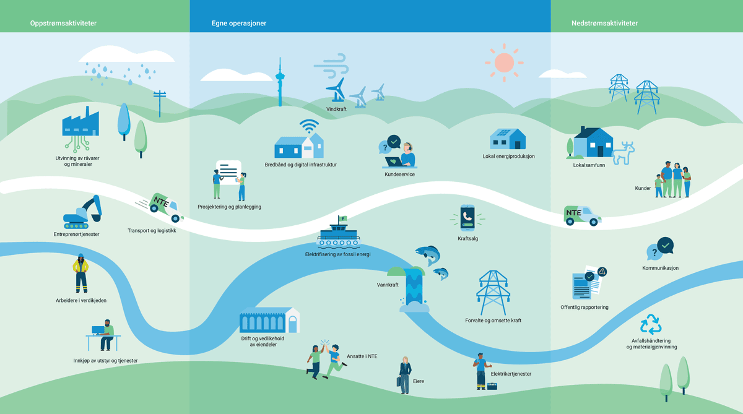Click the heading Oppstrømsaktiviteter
coord(63,24)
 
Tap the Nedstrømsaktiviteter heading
coord(604,24)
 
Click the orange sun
coord(504,63)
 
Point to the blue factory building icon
coord(80,123)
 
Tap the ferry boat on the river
coord(338,235)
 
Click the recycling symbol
coord(651,325)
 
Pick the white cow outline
coord(624,153)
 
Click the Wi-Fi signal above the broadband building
coord(309,126)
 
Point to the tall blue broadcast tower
coord(279,84)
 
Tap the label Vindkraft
coord(336,109)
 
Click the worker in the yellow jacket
coord(80,273)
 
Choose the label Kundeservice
coord(399,175)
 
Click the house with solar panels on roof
coord(508,139)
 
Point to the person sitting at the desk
coord(106,335)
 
